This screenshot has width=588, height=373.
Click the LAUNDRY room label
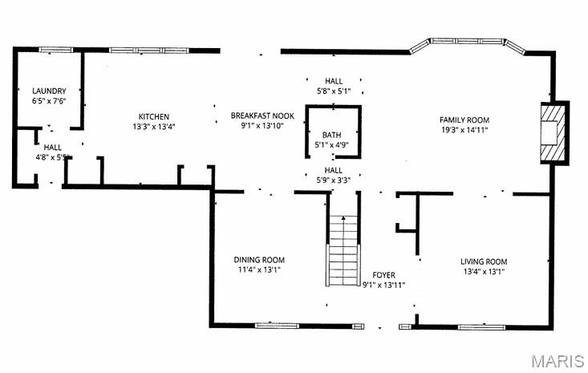pos(49,91)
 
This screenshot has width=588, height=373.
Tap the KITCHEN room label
pos(154,116)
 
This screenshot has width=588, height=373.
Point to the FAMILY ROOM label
pos(464,120)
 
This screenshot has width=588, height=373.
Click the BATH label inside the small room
pos(332,135)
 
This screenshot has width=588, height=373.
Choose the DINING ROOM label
pos(259,260)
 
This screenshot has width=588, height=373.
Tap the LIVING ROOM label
pos(484,262)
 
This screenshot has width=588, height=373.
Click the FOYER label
pos(384,275)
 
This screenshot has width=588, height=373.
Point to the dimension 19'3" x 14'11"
pos(464,129)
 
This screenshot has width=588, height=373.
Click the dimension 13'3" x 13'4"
pos(154,127)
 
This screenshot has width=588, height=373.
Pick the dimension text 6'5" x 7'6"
pos(49,101)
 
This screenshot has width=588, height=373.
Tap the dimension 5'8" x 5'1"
pos(333,91)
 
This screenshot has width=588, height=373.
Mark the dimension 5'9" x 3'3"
pos(333,180)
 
